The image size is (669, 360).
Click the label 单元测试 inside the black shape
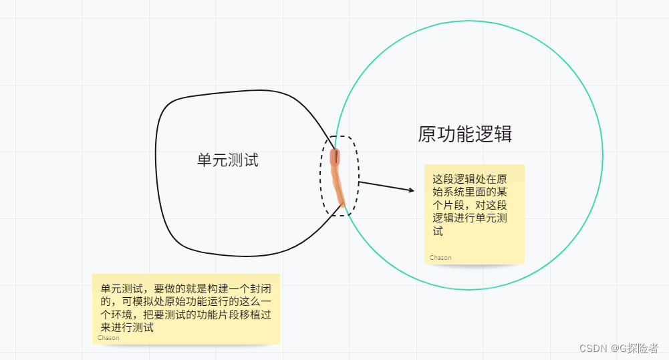(x=227, y=160)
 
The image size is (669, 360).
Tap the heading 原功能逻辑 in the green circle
(x=465, y=134)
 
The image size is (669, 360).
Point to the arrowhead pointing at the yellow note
(x=411, y=191)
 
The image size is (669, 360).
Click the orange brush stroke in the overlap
(x=338, y=177)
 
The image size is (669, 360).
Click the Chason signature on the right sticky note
(x=440, y=258)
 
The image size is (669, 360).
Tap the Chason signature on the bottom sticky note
(x=108, y=338)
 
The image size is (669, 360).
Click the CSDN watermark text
(x=592, y=349)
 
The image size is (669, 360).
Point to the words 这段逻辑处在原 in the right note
(x=470, y=179)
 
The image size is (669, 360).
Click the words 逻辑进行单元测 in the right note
(x=470, y=219)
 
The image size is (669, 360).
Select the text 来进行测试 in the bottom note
(x=127, y=327)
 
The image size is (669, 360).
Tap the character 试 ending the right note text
(x=438, y=232)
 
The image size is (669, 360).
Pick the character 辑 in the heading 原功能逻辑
(x=503, y=134)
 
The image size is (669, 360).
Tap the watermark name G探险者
(x=640, y=349)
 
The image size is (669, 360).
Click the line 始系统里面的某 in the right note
(x=470, y=192)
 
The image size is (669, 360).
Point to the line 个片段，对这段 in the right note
(x=470, y=206)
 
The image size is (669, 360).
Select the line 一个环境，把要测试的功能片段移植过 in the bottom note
(x=186, y=315)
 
